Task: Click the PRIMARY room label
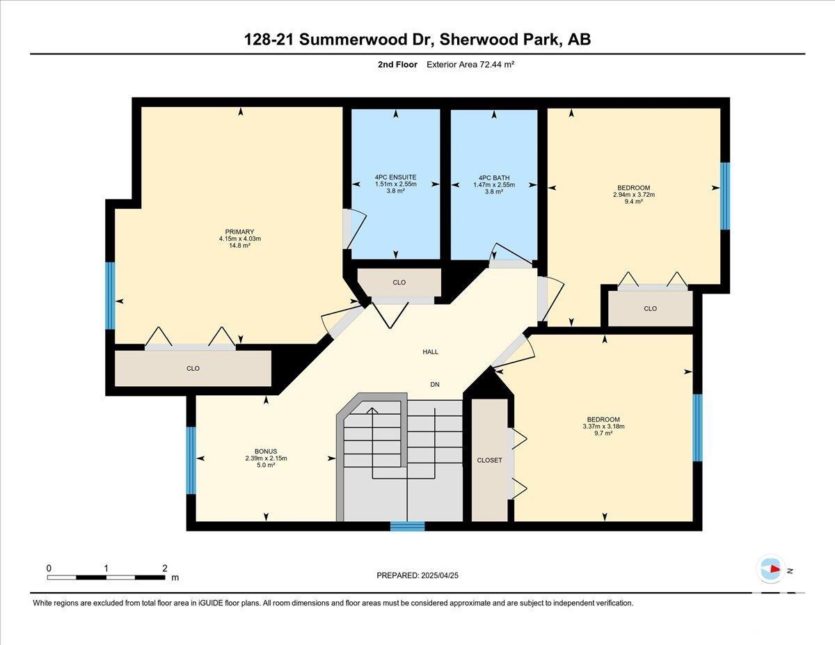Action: pos(239,232)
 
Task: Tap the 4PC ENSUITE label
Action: pos(395,177)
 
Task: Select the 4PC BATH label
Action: pos(494,178)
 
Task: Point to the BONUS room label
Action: pos(266,452)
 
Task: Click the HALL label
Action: pos(430,352)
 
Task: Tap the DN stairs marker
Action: pos(435,385)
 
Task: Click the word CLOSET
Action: pos(489,460)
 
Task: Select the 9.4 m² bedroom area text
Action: pos(634,201)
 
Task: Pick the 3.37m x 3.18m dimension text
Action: pos(603,427)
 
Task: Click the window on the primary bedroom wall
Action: pos(110,296)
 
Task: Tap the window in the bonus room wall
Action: pos(191,460)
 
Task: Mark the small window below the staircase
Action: pos(407,526)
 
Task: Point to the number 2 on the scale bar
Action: pos(165,568)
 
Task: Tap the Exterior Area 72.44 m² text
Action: pos(470,65)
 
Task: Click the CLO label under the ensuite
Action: pos(399,282)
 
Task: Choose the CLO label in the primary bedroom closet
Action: pos(193,368)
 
